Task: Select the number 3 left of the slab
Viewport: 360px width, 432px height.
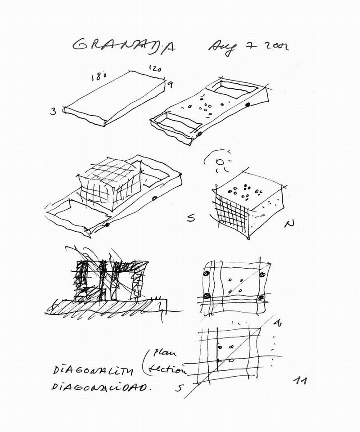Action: click(x=54, y=111)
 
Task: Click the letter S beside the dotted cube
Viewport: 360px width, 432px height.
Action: click(x=191, y=219)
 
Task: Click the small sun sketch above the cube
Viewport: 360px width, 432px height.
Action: click(x=220, y=162)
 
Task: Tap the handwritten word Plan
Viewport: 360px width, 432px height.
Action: click(x=162, y=352)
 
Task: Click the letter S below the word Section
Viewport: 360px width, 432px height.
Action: click(x=179, y=389)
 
